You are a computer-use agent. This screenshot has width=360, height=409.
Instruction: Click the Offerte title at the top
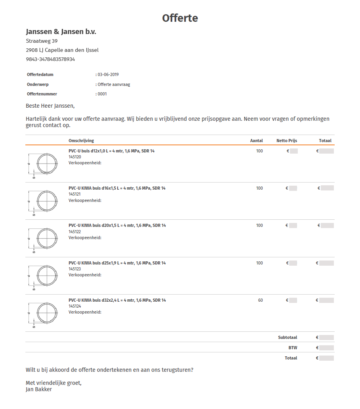coord(180,18)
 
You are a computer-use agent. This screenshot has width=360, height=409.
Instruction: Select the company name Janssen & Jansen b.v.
coord(61,32)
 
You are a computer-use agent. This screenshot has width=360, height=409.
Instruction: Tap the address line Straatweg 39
coord(42,41)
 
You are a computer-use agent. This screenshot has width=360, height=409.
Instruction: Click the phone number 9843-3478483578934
coord(50,59)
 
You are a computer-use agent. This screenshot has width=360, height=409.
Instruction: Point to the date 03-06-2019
coord(108,74)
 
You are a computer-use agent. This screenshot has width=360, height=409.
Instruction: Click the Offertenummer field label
coord(42,94)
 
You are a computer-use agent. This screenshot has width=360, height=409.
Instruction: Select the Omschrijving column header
coord(81,141)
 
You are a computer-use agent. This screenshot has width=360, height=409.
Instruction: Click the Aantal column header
coord(256,141)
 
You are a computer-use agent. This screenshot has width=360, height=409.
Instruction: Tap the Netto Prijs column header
coord(286,141)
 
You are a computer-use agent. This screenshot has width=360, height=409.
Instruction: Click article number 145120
coord(75,157)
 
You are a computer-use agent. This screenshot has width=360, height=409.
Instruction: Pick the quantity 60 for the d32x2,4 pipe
coord(260,301)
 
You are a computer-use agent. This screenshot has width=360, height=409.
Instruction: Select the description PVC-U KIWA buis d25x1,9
coord(117,263)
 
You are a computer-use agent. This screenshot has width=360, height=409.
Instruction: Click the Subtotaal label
coord(288,338)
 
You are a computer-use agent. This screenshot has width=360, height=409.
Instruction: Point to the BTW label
coord(293,348)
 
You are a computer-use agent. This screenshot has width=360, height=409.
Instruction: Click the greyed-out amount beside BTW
coord(326,348)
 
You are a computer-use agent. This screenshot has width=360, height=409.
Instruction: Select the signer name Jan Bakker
coord(39,389)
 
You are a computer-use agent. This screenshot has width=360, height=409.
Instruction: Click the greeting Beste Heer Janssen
coord(50,106)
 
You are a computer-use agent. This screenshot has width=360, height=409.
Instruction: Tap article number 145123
coord(75,269)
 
